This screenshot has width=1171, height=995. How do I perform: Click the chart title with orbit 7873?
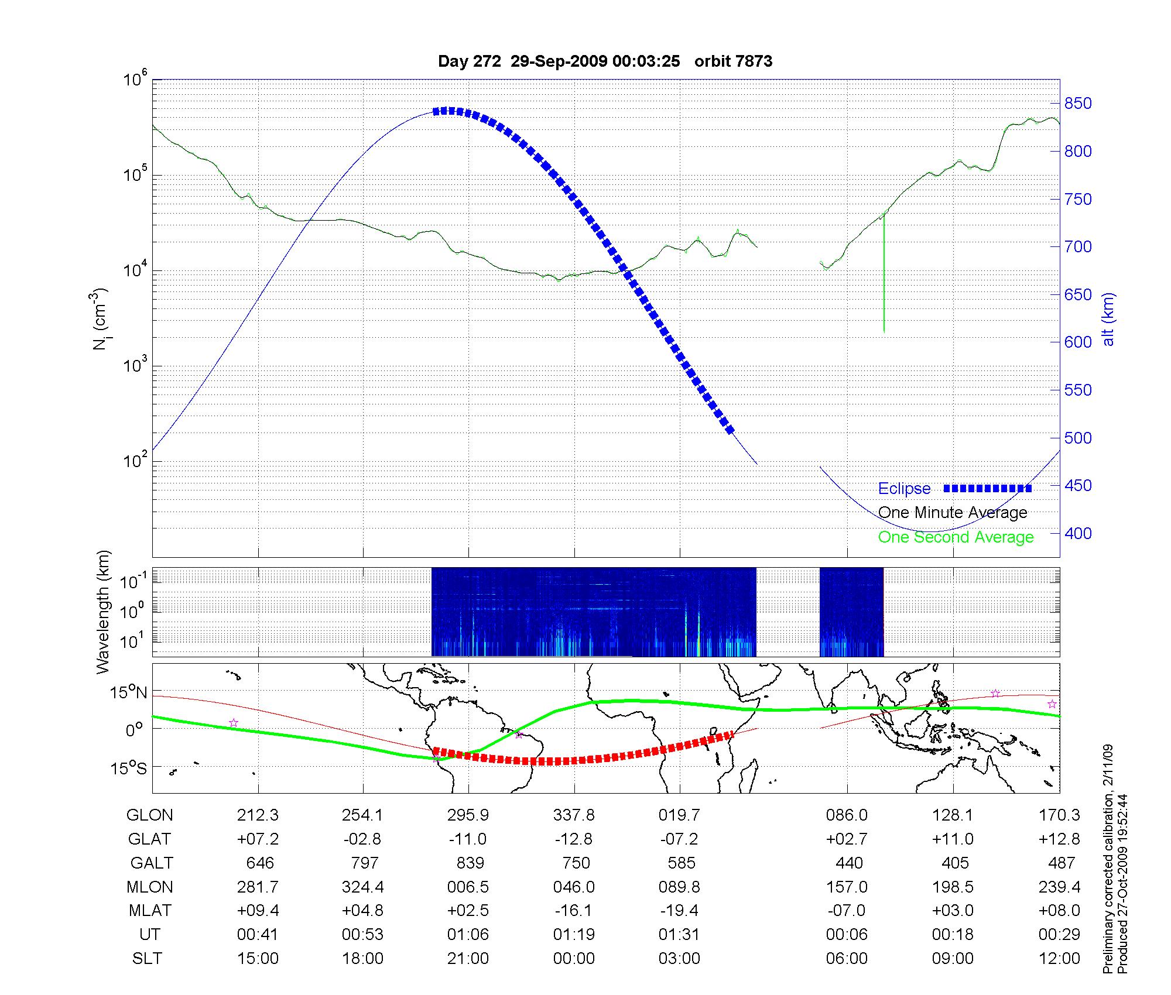(605, 61)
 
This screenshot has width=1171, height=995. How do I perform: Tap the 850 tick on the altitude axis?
(1077, 104)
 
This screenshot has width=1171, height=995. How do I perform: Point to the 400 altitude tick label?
(1077, 533)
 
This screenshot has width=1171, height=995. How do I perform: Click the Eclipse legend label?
(904, 489)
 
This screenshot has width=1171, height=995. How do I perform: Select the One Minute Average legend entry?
(953, 513)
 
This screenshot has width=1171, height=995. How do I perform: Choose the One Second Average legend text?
(956, 537)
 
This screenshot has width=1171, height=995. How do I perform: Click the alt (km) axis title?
(1108, 319)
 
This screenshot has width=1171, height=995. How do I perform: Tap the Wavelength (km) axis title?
(103, 612)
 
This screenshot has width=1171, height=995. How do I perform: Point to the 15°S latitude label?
(129, 768)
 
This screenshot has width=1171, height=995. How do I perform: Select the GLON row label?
(150, 815)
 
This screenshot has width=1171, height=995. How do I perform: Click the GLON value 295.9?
(468, 815)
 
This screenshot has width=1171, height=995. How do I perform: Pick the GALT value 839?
(470, 863)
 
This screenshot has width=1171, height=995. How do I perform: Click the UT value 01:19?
(574, 935)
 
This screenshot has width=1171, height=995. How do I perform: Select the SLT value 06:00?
(847, 959)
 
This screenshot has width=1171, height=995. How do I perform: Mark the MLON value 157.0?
(847, 887)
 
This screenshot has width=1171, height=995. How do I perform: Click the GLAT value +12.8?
(1059, 839)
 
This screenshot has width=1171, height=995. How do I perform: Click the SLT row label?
(147, 959)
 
